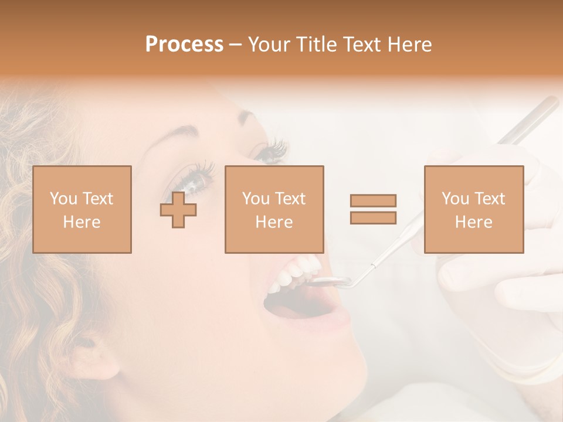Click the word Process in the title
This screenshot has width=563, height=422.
[x=184, y=45]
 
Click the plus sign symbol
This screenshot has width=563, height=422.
[x=178, y=210]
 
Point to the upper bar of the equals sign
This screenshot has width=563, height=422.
[x=373, y=200]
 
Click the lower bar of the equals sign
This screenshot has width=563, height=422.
[x=373, y=217]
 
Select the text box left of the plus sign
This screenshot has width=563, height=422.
[x=82, y=210]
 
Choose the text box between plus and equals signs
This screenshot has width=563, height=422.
[x=274, y=210]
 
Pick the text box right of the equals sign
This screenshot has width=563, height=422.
[x=474, y=210]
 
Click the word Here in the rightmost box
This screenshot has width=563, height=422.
[x=474, y=222]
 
